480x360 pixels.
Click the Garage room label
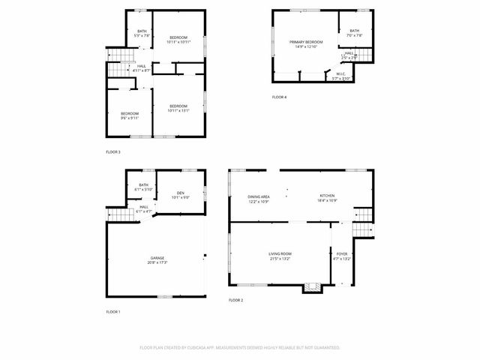pos(157,259)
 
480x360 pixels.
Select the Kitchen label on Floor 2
pos(327,196)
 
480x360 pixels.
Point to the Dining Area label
pos(259,198)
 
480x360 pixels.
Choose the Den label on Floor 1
pos(180,195)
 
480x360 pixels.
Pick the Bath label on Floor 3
pos(142,33)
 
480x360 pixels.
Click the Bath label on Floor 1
pos(142,187)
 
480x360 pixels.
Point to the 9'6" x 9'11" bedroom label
pos(130,115)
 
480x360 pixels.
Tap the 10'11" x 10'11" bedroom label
pos(178,40)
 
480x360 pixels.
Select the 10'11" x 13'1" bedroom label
pos(178,108)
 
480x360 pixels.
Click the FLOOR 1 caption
pos(112,311)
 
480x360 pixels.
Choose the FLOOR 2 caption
pos(235,300)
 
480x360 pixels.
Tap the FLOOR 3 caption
pos(112,152)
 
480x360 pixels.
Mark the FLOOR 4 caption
pos(279,97)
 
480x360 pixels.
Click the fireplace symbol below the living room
pos(310,287)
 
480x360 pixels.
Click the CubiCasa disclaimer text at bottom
pos(240,348)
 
